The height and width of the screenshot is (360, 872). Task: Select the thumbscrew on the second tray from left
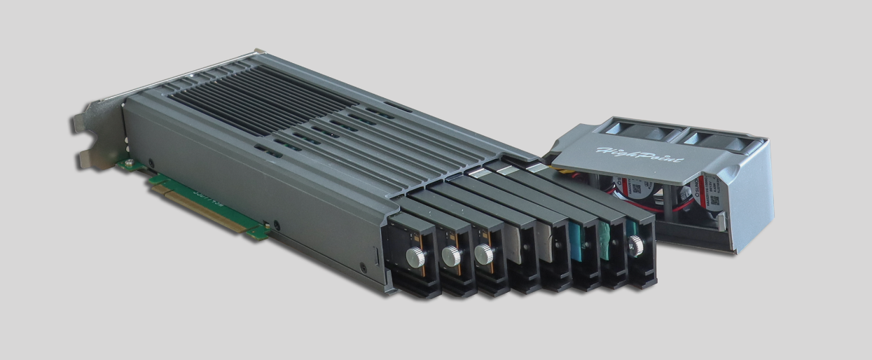[450, 256]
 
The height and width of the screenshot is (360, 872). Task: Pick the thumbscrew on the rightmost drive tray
[636, 244]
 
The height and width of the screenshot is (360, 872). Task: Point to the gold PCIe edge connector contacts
[203, 207]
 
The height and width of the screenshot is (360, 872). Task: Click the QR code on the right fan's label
[714, 199]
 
